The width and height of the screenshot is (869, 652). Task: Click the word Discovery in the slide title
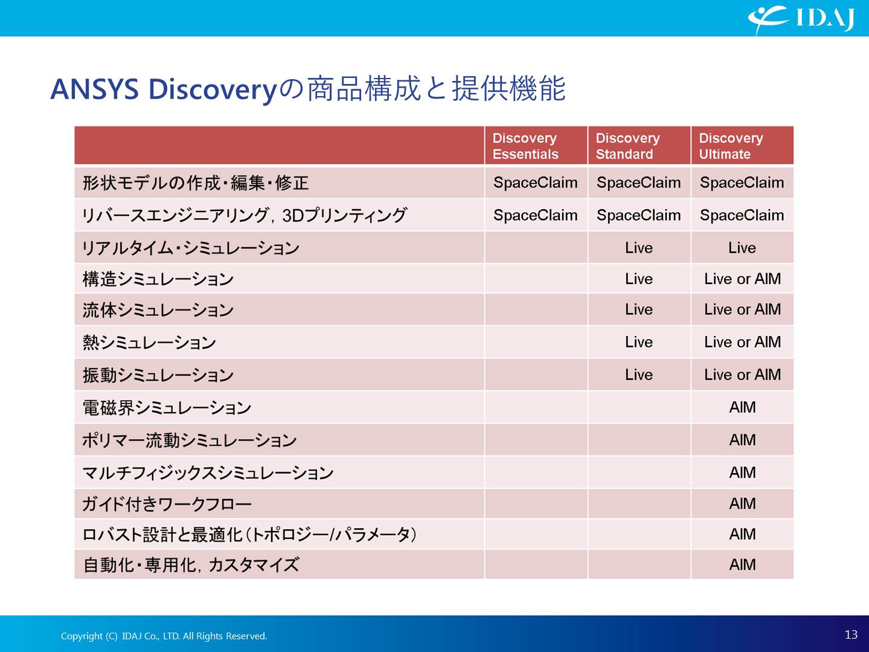click(x=213, y=89)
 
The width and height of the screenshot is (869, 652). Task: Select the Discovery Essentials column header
click(x=525, y=146)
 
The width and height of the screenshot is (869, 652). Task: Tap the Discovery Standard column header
click(x=627, y=146)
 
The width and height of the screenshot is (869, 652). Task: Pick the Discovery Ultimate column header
click(x=731, y=146)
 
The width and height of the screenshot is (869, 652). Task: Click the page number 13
click(x=851, y=634)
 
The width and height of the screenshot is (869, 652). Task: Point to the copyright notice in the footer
click(x=164, y=636)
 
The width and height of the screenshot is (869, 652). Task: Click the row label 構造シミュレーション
click(x=158, y=279)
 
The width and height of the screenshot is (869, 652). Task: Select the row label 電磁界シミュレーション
click(x=167, y=408)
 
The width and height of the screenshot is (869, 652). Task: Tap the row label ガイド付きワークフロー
click(x=167, y=504)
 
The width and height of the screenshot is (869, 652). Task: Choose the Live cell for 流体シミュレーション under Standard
click(x=639, y=309)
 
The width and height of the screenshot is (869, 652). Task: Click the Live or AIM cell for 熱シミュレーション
click(x=742, y=342)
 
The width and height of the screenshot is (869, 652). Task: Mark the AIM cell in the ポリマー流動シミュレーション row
click(x=742, y=440)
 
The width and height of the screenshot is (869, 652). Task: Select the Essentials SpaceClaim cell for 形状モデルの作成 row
click(x=535, y=182)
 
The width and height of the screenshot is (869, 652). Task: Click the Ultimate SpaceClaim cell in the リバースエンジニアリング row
click(x=742, y=215)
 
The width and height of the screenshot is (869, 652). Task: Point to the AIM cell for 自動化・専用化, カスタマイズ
click(x=742, y=564)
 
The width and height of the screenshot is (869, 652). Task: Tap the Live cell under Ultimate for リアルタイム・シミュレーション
click(x=742, y=248)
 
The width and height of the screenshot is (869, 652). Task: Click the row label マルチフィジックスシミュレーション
click(x=208, y=473)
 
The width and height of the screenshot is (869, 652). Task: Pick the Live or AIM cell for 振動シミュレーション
click(x=742, y=374)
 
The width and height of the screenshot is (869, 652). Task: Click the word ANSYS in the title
click(x=95, y=89)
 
